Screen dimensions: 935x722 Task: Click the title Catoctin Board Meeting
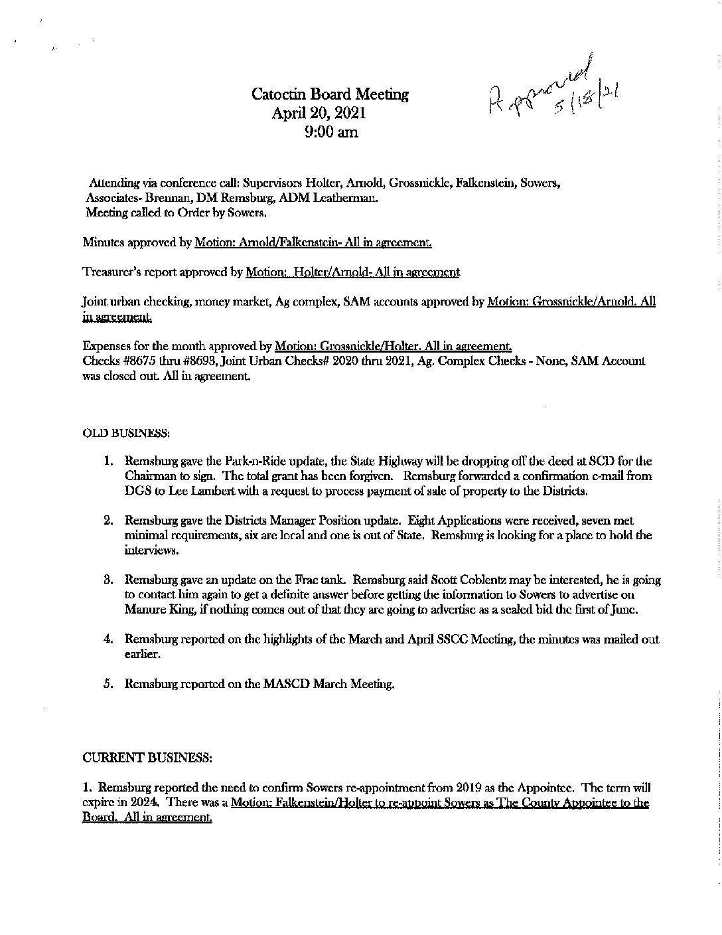[x=330, y=95]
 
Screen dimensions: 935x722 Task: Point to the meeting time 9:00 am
[x=331, y=132]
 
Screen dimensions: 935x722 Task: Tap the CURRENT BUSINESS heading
[x=147, y=757]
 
